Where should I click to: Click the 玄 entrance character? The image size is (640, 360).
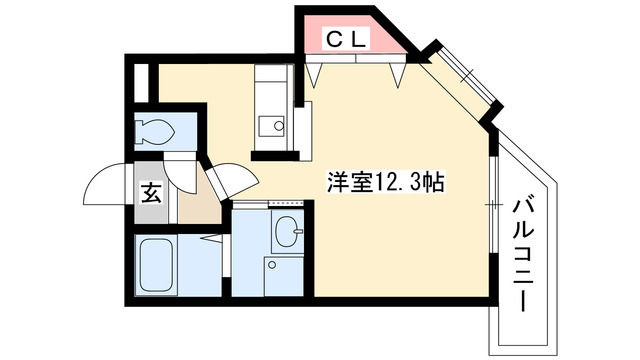click(149, 194)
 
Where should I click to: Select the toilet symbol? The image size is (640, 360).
click(157, 130)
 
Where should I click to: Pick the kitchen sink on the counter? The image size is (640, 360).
click(271, 125)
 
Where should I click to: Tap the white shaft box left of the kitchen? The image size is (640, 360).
click(142, 82)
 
